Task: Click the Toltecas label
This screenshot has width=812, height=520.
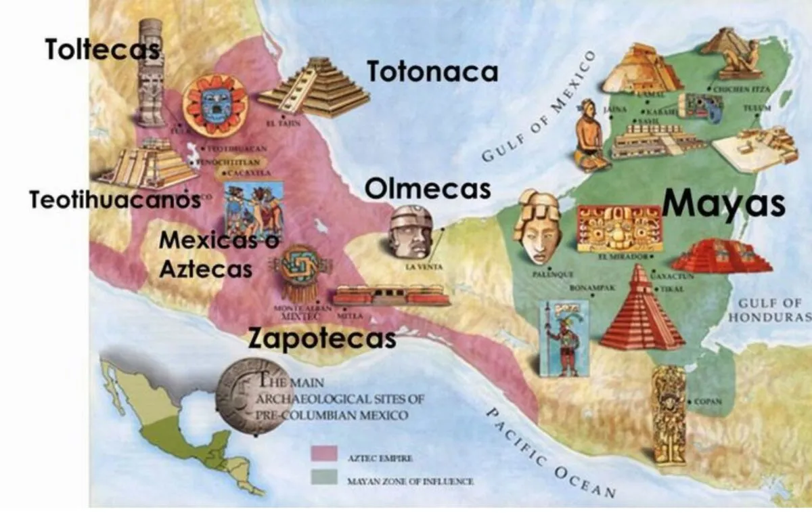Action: pos(101,49)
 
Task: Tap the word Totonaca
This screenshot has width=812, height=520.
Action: pos(432,71)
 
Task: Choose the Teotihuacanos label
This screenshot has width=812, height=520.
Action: pos(115,200)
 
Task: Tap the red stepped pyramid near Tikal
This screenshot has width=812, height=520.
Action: pos(641,311)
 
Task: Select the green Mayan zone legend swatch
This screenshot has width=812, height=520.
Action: pos(324,478)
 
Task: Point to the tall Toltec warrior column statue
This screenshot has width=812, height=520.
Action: pos(150,71)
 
